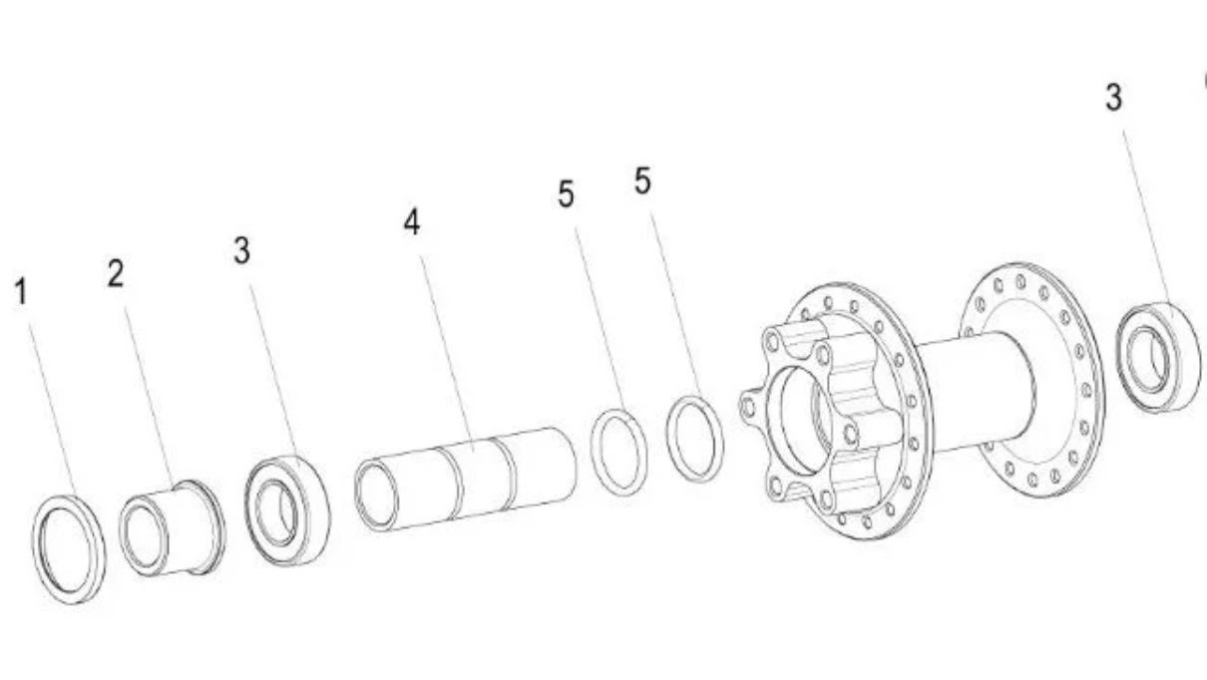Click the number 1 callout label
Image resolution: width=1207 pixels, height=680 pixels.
click(21, 291)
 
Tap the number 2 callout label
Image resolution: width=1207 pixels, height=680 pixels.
click(116, 273)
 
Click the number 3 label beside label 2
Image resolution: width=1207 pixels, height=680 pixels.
click(242, 250)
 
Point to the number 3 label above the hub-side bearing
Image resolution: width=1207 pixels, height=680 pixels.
click(1114, 98)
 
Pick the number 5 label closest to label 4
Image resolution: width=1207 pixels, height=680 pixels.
click(566, 193)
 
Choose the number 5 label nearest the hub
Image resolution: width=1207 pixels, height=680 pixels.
click(642, 180)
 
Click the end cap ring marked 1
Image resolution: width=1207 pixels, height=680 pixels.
click(69, 548)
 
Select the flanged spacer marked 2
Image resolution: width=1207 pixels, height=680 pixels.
click(173, 527)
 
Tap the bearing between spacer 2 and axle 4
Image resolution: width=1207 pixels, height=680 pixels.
click(287, 510)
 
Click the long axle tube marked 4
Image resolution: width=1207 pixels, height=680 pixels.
click(466, 480)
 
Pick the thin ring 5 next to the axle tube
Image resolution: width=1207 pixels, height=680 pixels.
click(619, 453)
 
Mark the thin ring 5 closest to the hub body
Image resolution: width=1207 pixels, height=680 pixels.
click(695, 439)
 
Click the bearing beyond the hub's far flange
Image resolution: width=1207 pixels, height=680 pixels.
click(1158, 358)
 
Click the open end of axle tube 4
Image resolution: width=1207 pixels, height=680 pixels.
click(377, 496)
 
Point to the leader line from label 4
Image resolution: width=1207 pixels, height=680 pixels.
click(447, 354)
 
